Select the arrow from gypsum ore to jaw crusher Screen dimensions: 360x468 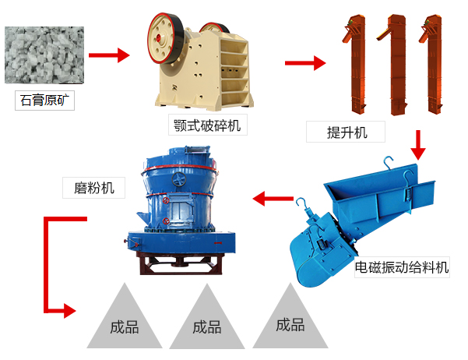(x=109, y=55)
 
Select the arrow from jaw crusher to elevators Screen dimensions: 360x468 (x=304, y=63)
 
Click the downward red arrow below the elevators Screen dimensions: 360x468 (x=419, y=143)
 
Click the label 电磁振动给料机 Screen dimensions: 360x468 (x=402, y=268)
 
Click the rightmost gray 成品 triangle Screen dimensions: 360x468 (x=290, y=322)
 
